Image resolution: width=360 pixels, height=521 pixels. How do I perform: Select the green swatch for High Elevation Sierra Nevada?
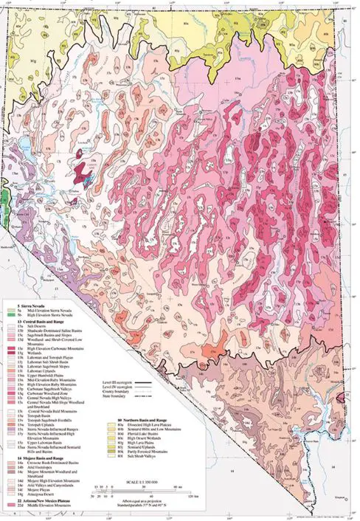point(10,314)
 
